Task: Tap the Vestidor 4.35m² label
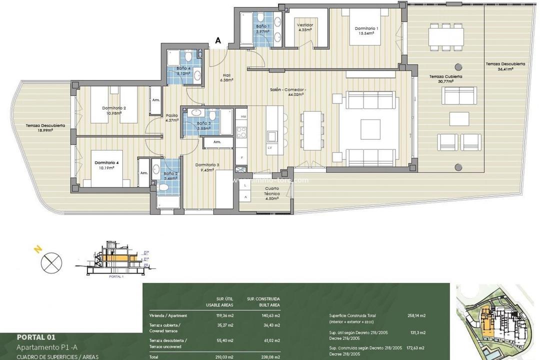(304, 27)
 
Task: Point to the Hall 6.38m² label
(226, 77)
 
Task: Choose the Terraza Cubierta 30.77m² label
(445, 79)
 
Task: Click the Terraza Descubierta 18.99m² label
(45, 128)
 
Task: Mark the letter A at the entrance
(218, 41)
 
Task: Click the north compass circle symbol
(51, 262)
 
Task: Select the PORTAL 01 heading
(39, 337)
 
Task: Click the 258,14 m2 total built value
(416, 315)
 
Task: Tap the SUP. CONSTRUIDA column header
(263, 298)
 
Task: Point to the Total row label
(154, 356)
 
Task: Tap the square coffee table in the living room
(370, 128)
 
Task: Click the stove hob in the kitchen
(241, 132)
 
